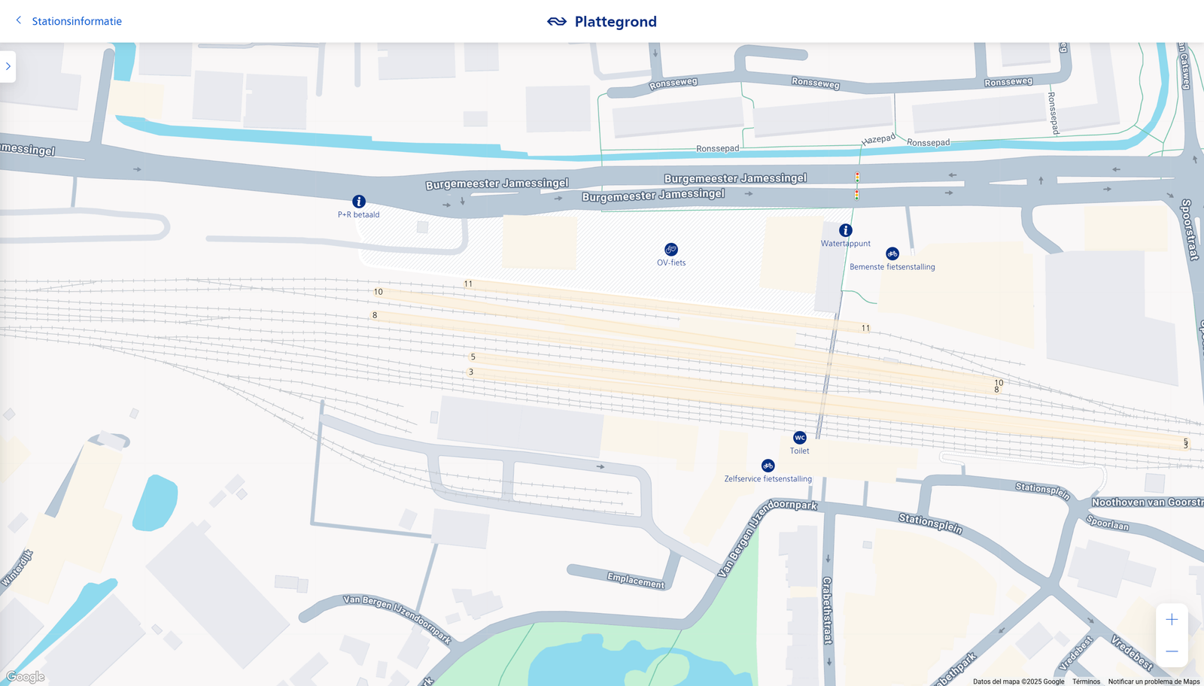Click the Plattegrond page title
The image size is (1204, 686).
616,22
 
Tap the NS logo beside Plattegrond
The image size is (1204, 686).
557,22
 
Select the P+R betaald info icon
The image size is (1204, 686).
359,202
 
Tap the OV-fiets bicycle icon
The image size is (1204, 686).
671,250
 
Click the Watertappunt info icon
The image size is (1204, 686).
846,230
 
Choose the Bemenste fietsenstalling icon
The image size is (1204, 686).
892,254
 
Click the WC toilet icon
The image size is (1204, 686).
800,438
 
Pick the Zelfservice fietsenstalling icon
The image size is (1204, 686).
768,466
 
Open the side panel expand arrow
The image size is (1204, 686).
8,66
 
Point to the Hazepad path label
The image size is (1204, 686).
878,140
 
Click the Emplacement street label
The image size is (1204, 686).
636,581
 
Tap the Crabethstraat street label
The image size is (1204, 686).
827,610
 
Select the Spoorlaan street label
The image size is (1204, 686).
1107,523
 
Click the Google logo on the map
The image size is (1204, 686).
26,677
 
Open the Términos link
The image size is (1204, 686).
1086,681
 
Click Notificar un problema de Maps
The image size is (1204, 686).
1154,681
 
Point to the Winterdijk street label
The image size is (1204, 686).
17,568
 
